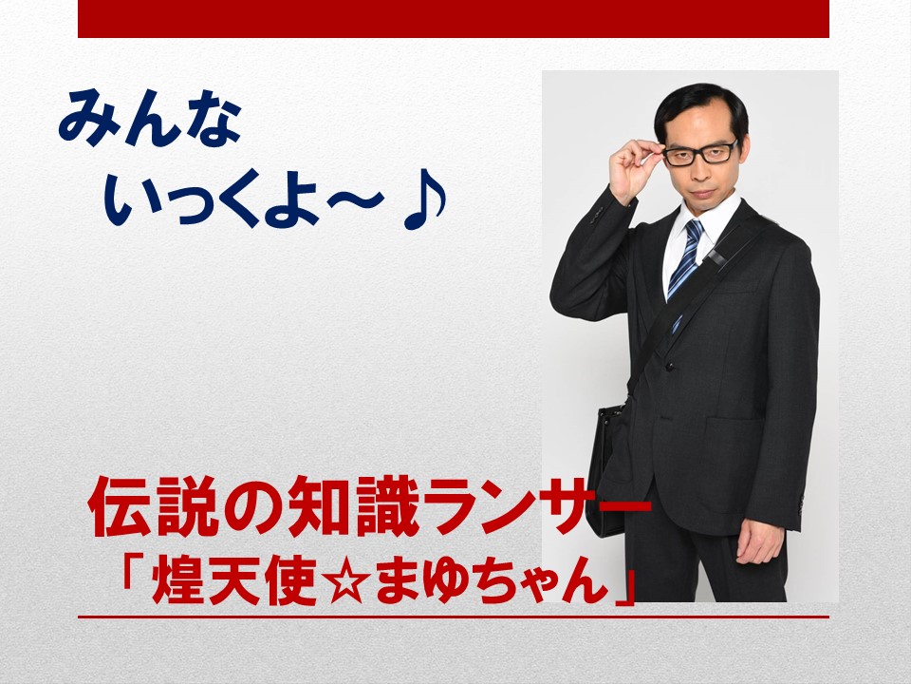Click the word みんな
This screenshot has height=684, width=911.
coord(149,118)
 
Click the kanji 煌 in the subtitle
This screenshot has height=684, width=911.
coord(177,579)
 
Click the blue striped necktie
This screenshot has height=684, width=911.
coord(685,262)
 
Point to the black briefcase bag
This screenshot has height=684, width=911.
coord(607,465)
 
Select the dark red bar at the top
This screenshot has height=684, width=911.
coord(454,19)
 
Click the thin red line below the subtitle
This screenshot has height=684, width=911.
coord(454,617)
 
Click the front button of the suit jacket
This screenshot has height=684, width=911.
coord(669,367)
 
